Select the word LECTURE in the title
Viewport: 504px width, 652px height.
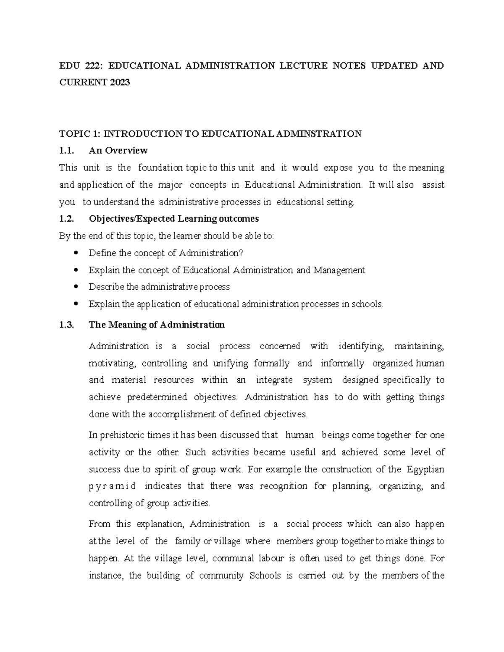pos(303,65)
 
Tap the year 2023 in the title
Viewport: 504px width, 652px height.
pos(121,82)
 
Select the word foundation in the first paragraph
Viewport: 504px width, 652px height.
pos(160,168)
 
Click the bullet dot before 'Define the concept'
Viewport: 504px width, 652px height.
pos(76,253)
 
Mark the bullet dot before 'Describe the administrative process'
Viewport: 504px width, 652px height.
pos(76,287)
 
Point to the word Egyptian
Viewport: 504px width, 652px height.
pos(425,469)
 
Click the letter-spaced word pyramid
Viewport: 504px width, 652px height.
pos(112,487)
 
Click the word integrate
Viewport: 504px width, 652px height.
pos(274,380)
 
